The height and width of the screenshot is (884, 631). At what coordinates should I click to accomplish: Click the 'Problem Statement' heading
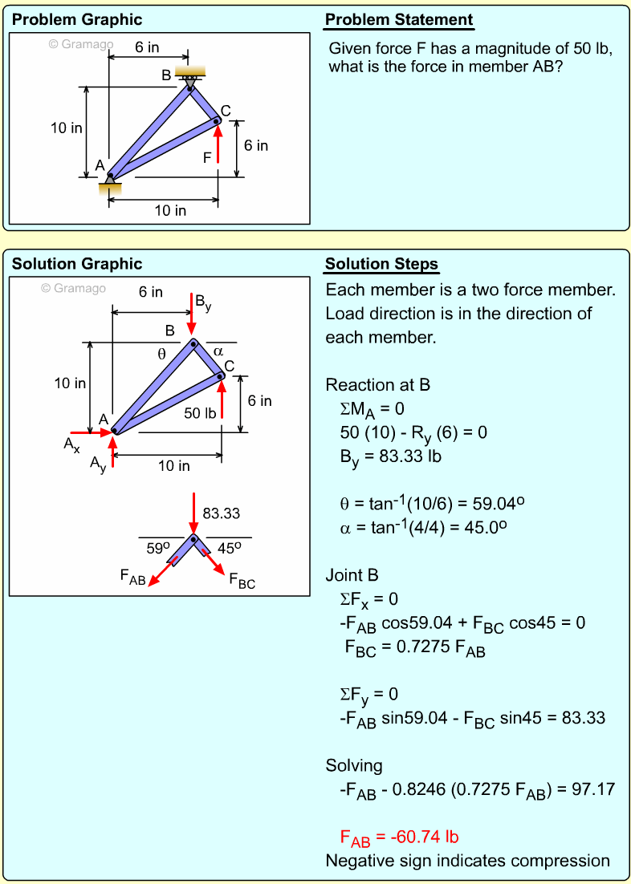(399, 20)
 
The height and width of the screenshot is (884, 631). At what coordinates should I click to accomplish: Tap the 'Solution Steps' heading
(381, 264)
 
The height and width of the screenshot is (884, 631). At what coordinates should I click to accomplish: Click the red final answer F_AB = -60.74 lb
(400, 838)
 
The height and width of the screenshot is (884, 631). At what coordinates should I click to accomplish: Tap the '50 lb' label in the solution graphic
(201, 413)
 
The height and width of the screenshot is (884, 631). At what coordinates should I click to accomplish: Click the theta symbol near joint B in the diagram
(161, 353)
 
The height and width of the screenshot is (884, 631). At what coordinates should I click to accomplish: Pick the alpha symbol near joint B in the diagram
(218, 351)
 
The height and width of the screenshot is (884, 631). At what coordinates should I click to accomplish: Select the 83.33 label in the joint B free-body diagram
(222, 513)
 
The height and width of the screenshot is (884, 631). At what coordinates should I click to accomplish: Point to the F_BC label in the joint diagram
(242, 581)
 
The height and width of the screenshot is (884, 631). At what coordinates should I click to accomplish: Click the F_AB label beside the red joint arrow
(132, 577)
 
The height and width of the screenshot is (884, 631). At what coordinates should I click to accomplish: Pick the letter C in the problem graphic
(226, 111)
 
